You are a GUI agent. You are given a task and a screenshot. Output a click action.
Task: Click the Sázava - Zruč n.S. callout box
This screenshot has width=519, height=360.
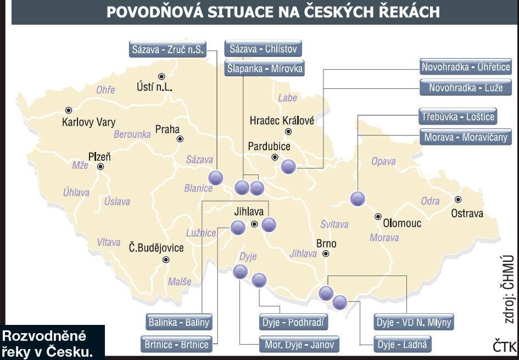point(168,49)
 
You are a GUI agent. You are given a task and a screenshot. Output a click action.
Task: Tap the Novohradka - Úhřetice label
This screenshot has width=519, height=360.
point(466,67)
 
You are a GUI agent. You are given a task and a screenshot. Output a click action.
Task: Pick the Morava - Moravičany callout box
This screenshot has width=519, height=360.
point(466,137)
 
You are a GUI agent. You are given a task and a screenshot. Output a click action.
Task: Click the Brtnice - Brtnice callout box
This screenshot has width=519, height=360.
point(177,345)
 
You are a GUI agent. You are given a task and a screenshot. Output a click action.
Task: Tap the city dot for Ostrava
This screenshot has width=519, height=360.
point(458,200)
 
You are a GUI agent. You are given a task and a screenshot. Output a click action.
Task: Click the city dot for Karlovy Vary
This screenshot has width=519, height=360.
point(69,110)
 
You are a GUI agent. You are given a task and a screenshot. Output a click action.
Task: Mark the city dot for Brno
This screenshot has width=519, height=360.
point(326,254)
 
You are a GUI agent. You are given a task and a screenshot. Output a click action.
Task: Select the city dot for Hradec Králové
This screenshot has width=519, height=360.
point(288,132)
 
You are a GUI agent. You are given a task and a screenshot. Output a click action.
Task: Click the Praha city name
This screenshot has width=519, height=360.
point(168,130)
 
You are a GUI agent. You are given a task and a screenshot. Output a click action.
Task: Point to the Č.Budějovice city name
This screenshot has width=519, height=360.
point(156,248)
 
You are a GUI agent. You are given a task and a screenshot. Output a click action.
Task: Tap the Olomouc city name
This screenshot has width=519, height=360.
point(402,223)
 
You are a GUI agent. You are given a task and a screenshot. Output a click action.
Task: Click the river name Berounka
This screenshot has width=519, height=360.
point(132,134)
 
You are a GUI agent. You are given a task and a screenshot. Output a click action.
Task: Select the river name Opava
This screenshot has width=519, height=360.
point(383,162)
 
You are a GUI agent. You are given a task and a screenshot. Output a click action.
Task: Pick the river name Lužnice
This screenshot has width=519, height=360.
point(201,233)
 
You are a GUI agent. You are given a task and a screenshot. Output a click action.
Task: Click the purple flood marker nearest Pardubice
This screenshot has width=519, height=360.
point(288,167)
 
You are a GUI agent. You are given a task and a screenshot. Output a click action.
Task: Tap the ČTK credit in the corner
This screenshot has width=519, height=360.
point(504,346)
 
